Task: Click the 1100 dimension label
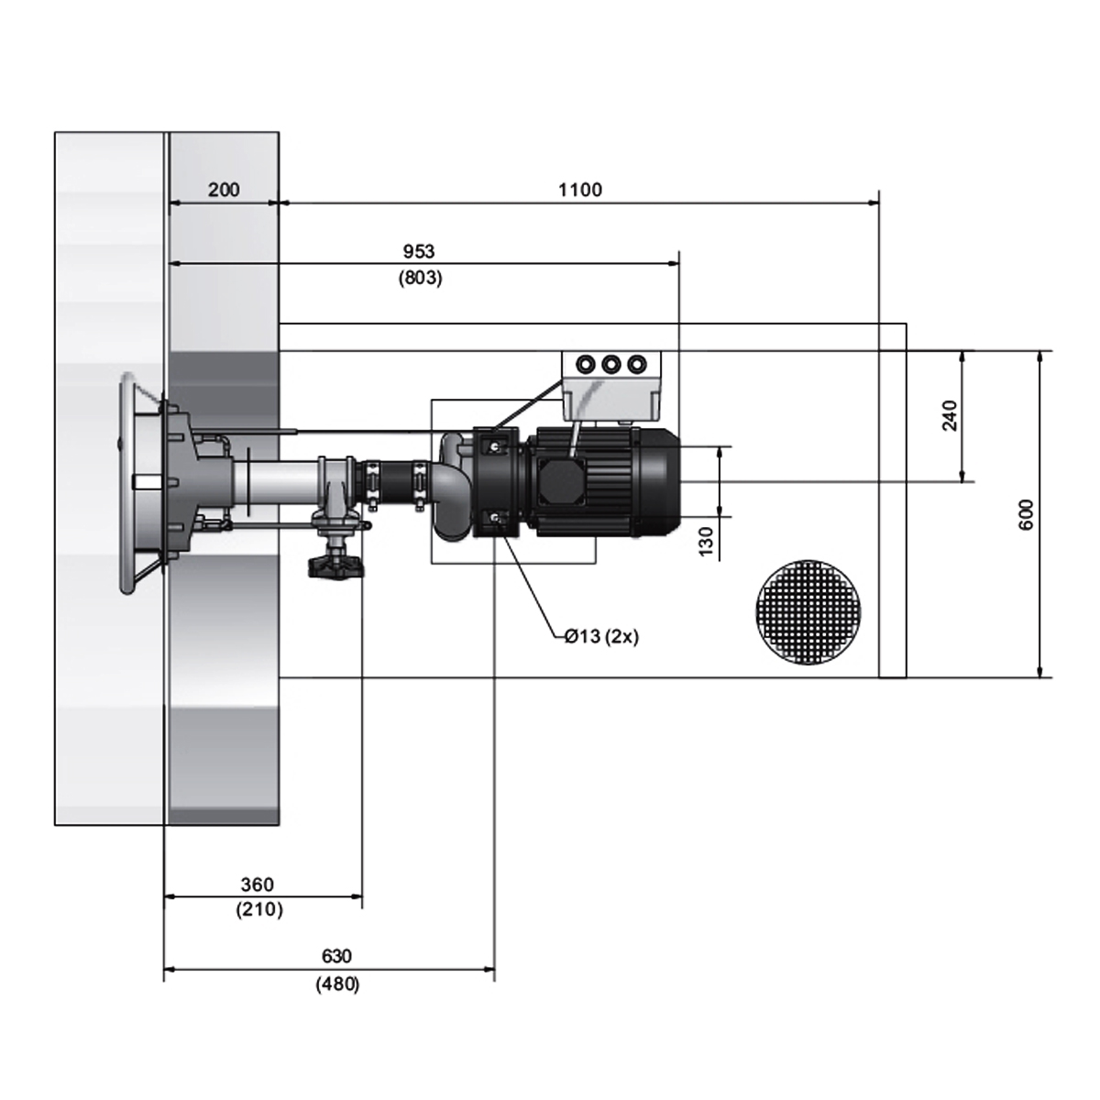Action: tap(580, 190)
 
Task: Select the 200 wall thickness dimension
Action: tap(224, 190)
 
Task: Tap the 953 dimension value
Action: tap(419, 251)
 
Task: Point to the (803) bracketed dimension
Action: tap(420, 278)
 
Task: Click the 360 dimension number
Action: tap(257, 885)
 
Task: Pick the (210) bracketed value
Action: tap(259, 909)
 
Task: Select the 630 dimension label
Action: tap(336, 955)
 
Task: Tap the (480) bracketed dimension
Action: tap(337, 984)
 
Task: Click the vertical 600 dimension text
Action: tap(1027, 514)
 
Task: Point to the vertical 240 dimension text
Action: tap(950, 415)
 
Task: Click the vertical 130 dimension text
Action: tap(706, 541)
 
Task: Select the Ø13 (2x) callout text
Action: tap(601, 636)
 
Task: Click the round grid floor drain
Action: tap(808, 612)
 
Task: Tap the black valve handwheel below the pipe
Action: tap(335, 566)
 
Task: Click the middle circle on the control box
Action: tap(610, 364)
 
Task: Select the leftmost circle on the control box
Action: tap(586, 364)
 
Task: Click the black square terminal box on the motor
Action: tap(562, 482)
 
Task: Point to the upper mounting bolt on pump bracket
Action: tap(494, 445)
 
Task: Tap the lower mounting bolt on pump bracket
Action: tap(494, 518)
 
